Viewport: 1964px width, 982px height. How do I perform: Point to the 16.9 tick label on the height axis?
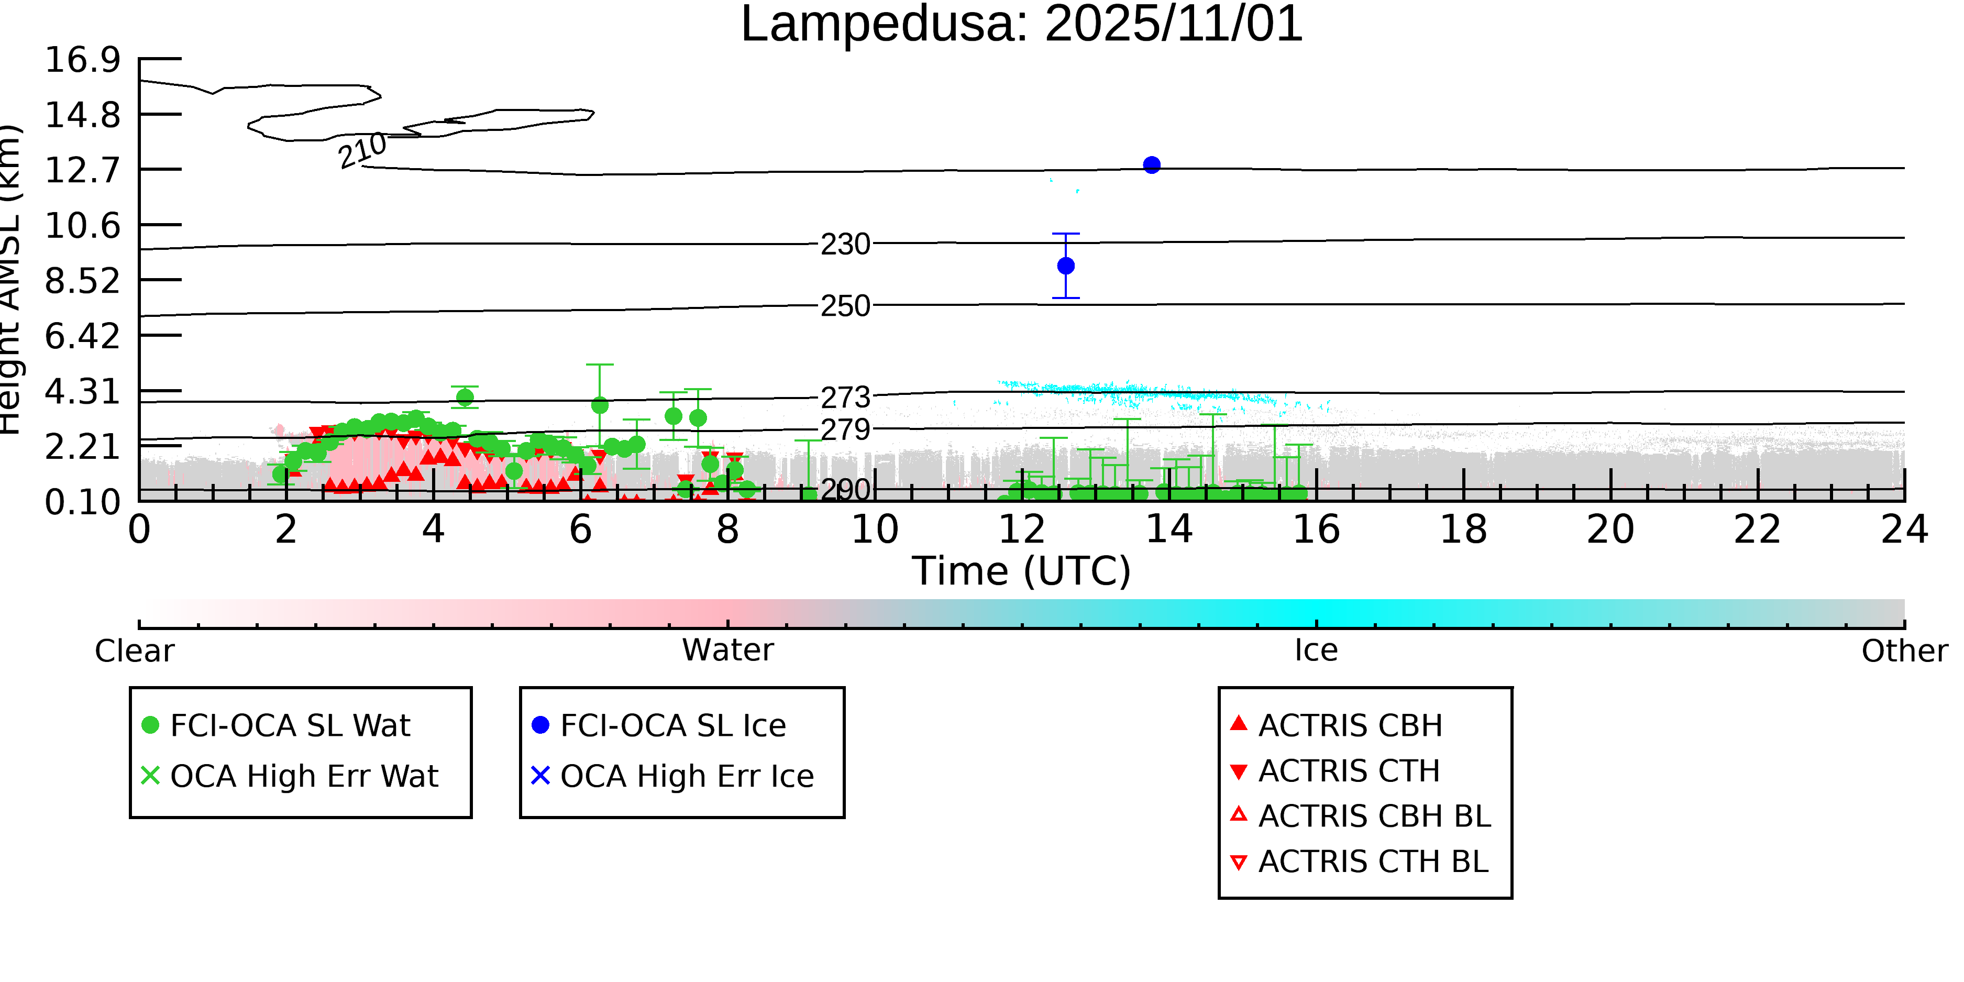pos(82,60)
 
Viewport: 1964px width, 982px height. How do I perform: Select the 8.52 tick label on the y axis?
pos(82,281)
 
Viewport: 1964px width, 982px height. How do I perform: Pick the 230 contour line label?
pos(845,245)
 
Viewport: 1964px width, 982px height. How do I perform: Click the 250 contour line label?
pos(845,306)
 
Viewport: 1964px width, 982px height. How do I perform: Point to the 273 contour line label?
pos(845,397)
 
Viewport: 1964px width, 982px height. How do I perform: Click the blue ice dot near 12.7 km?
pos(1151,164)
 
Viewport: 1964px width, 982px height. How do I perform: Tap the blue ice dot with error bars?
pos(1066,266)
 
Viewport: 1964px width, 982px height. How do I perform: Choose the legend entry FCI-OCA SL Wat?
pos(290,725)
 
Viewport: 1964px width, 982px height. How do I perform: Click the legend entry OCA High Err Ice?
pos(686,776)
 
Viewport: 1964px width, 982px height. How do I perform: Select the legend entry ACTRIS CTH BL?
pos(1372,862)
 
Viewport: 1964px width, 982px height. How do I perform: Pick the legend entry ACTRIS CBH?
pos(1350,725)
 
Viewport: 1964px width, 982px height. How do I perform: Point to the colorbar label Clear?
pos(134,651)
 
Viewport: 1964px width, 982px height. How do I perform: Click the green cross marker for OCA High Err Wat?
pos(150,775)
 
